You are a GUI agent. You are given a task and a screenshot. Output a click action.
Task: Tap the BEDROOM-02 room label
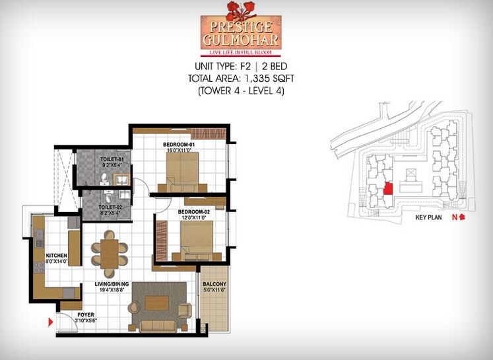[x=193, y=211]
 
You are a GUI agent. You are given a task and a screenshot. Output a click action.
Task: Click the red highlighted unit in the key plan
[x=388, y=190]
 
